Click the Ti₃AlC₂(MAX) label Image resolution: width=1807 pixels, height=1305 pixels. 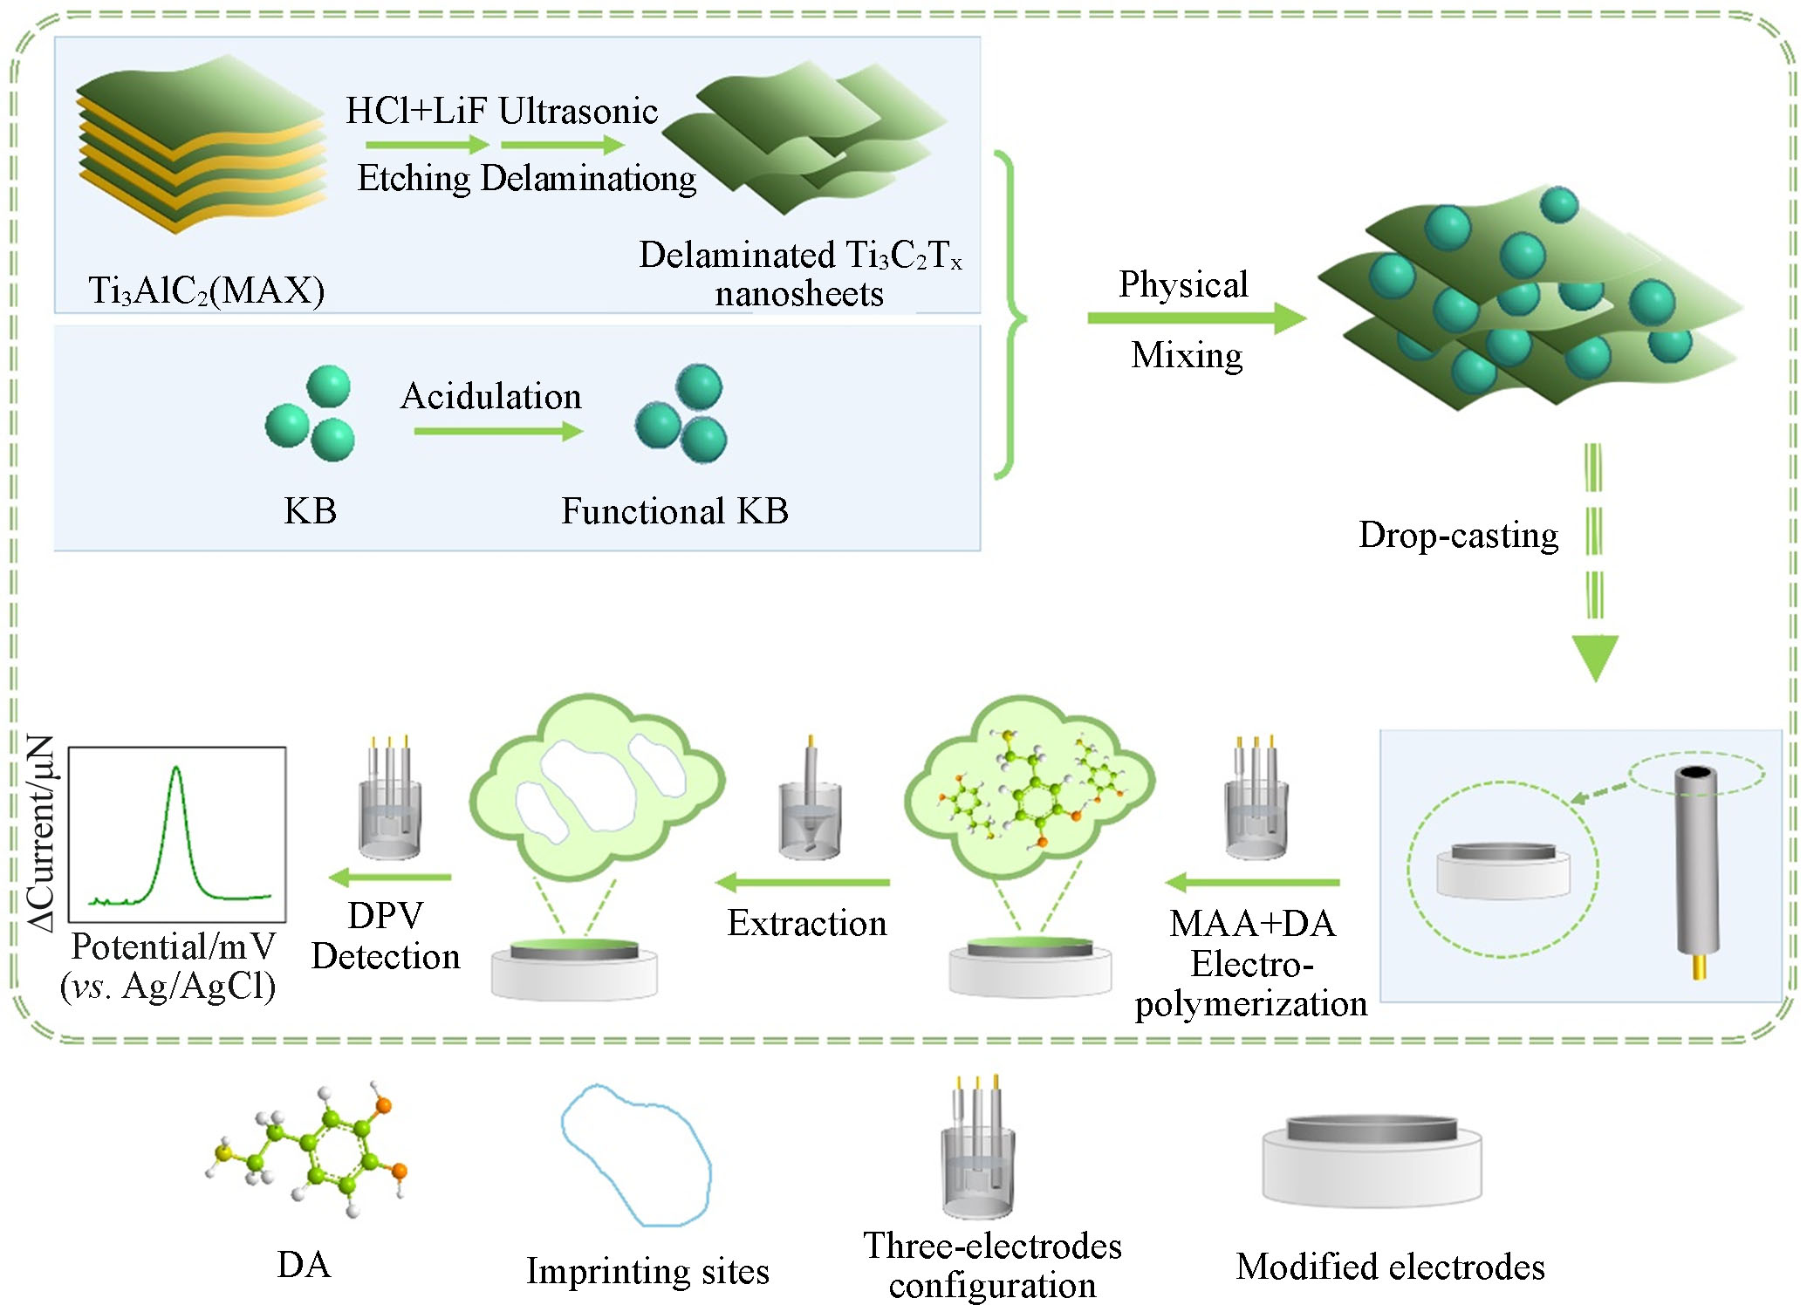[x=207, y=290]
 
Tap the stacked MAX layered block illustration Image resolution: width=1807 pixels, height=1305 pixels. [x=202, y=144]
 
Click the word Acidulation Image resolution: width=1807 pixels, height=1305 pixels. [x=490, y=397]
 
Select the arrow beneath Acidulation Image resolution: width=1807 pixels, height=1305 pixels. [x=497, y=431]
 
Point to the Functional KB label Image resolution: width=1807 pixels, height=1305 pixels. [x=674, y=511]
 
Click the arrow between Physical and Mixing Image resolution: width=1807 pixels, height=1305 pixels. [x=1195, y=318]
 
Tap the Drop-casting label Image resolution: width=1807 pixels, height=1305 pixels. [x=1458, y=536]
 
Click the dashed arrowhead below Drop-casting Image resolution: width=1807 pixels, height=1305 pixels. [x=1594, y=657]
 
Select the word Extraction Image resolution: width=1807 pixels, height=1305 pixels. [x=807, y=924]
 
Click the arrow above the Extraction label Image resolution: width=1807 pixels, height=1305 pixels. [x=803, y=883]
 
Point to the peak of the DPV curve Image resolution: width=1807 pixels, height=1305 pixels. [x=177, y=769]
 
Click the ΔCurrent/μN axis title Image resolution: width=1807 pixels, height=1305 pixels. [x=42, y=833]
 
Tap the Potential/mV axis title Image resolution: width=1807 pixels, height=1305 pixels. [x=174, y=947]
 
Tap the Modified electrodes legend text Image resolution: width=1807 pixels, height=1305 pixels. [x=1390, y=1267]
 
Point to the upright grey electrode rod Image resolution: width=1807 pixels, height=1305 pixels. [x=1696, y=864]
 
